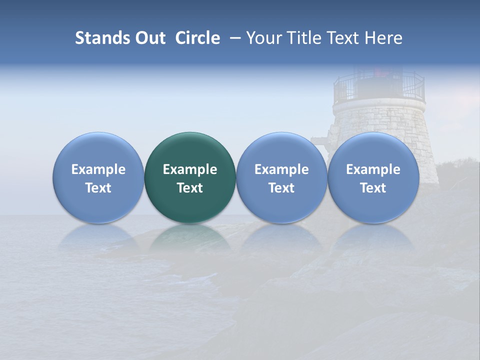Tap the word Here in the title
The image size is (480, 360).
tap(383, 38)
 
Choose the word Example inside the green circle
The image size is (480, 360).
tap(190, 169)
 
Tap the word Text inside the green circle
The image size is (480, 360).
tap(190, 188)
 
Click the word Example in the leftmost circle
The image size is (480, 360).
tap(98, 169)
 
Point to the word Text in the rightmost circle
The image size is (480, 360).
tap(373, 188)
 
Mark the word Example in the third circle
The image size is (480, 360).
tap(281, 169)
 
